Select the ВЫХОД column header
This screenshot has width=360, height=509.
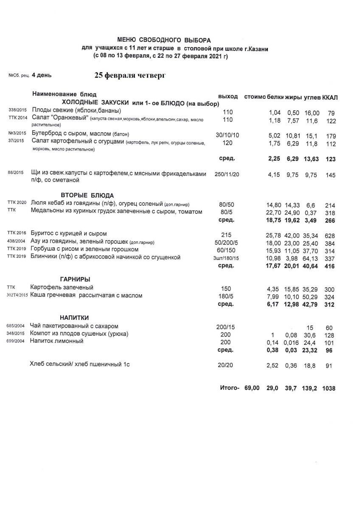228,96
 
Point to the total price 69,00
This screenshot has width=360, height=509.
252,388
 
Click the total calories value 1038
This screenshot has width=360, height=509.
329,388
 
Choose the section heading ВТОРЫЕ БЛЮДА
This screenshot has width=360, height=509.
88,196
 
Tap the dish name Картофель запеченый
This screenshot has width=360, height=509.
62,288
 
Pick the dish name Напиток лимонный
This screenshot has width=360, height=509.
56,341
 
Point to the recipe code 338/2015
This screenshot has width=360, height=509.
16,110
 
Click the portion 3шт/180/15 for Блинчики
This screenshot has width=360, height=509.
228,258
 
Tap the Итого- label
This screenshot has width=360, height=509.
230,388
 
